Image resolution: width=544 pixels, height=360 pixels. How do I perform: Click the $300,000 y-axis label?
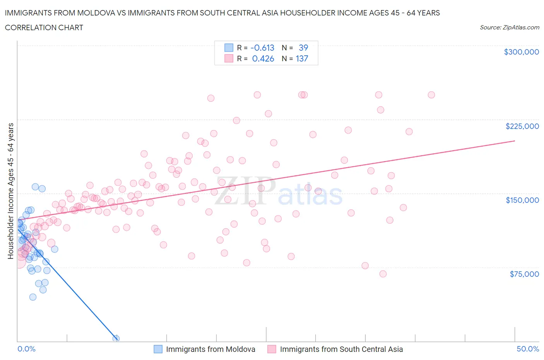[521, 52]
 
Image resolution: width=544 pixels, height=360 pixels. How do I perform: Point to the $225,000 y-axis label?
[522, 126]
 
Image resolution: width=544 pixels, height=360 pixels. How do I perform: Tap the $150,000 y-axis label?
[522, 200]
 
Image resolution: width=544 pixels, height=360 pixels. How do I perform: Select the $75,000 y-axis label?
[524, 274]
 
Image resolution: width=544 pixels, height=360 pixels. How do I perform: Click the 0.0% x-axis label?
[26, 349]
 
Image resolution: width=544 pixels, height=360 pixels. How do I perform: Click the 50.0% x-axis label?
[528, 349]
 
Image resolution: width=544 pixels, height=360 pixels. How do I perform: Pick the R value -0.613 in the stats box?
[262, 48]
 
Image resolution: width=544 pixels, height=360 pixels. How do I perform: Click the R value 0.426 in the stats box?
[263, 58]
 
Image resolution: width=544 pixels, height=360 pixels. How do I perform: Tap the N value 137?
[302, 58]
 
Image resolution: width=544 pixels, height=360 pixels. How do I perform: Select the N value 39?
[303, 48]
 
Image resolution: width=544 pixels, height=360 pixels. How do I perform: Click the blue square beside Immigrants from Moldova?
[158, 349]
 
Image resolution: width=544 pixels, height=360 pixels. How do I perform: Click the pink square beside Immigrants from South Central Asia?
[272, 349]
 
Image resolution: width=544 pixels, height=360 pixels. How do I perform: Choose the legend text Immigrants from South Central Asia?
[341, 349]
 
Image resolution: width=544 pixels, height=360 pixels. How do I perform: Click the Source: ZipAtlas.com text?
[509, 27]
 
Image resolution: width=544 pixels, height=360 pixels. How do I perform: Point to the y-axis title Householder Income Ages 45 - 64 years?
[11, 191]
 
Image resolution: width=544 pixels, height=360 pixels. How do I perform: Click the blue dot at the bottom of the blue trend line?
[116, 338]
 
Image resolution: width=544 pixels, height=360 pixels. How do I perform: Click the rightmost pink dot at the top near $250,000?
[431, 95]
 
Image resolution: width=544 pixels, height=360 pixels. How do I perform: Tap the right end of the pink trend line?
[515, 141]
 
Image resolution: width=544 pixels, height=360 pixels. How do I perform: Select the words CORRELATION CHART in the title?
[44, 27]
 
